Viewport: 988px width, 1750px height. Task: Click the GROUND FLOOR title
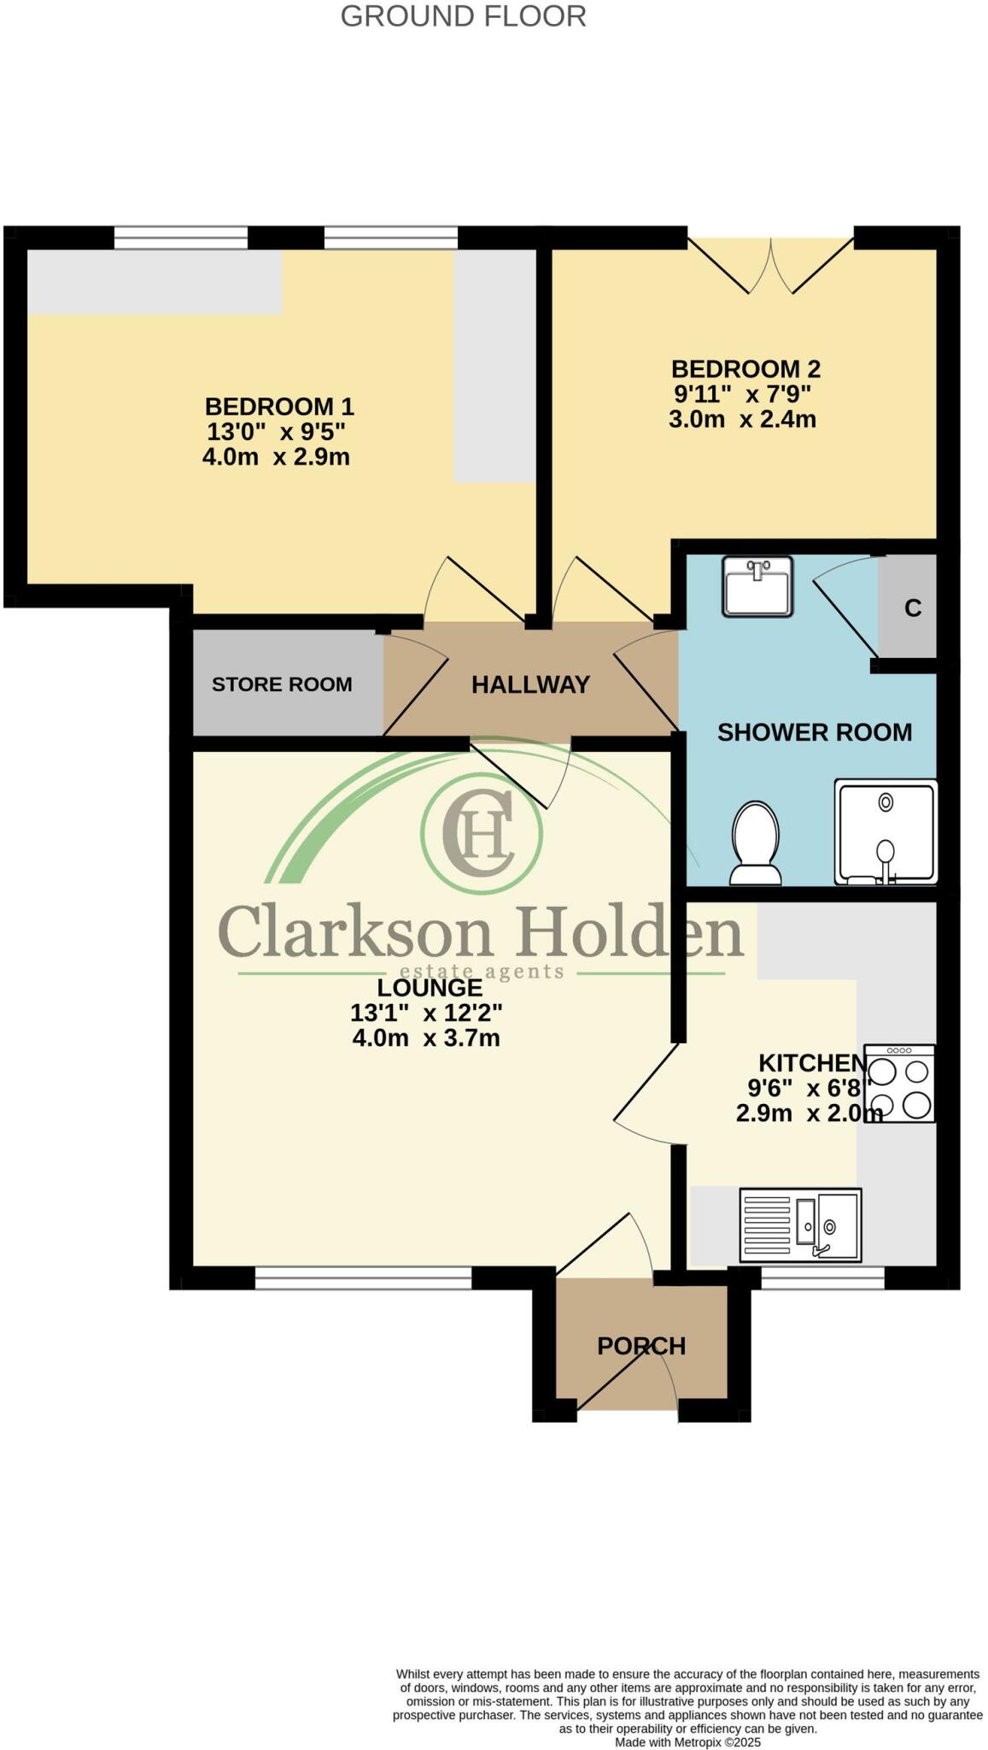463,16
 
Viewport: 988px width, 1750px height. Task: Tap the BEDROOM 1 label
278,406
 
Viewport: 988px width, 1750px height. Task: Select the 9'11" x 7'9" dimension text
742,394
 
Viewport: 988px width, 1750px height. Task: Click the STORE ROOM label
282,684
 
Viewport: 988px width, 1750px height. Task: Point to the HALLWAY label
530,684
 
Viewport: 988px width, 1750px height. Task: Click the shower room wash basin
757,586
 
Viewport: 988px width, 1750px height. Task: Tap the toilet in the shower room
756,843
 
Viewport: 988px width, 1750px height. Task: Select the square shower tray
886,831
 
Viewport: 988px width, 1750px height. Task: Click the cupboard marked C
911,608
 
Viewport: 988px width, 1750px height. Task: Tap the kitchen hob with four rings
899,1083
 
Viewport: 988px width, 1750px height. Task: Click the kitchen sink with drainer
800,1225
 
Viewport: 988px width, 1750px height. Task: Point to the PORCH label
641,1347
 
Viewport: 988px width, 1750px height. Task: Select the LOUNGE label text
430,988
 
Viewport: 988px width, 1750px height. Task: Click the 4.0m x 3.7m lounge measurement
425,1038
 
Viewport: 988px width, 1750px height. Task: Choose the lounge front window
363,1278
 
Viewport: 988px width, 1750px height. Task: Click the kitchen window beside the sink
822,1278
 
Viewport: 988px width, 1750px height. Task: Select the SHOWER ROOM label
814,732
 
